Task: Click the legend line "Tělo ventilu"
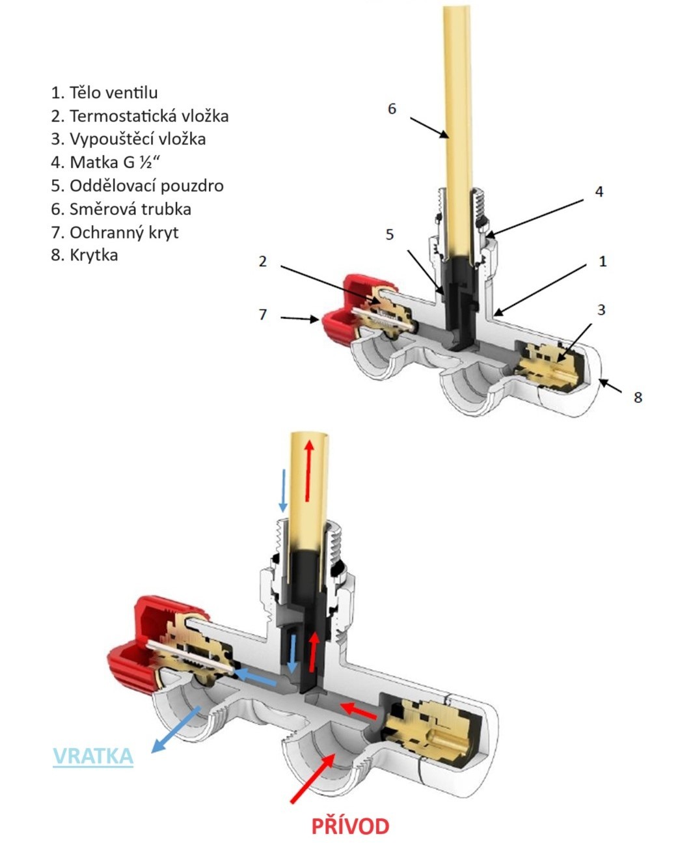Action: [x=104, y=92]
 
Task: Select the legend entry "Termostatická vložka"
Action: [x=140, y=116]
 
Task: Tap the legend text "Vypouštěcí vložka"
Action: [x=128, y=139]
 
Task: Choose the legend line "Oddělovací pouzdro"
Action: [x=137, y=186]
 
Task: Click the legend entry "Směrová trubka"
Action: [x=121, y=209]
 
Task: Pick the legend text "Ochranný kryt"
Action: [x=115, y=232]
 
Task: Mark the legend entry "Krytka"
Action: [x=85, y=255]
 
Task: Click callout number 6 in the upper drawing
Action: [x=392, y=109]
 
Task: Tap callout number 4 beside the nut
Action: [x=599, y=191]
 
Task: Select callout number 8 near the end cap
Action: [x=638, y=396]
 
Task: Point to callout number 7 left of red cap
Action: [x=263, y=314]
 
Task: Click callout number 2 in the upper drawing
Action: [x=263, y=261]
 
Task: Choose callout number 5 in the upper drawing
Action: [x=390, y=234]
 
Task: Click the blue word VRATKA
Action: [x=93, y=756]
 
